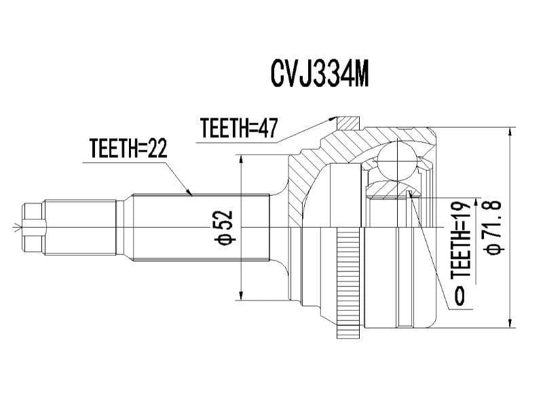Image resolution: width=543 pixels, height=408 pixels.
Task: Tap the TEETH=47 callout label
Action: tap(239, 127)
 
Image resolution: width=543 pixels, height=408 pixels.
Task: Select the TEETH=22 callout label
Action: tap(128, 148)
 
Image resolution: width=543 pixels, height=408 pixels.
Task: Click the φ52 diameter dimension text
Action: tap(225, 227)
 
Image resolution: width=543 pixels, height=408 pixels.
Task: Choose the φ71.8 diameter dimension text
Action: tap(492, 227)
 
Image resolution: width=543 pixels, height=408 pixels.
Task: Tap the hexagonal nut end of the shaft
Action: tap(34, 226)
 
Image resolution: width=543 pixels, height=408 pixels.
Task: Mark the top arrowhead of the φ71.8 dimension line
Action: tap(509, 131)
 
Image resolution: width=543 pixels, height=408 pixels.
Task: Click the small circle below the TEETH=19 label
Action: tap(461, 295)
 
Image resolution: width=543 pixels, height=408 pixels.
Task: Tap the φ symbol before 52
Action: tap(225, 238)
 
